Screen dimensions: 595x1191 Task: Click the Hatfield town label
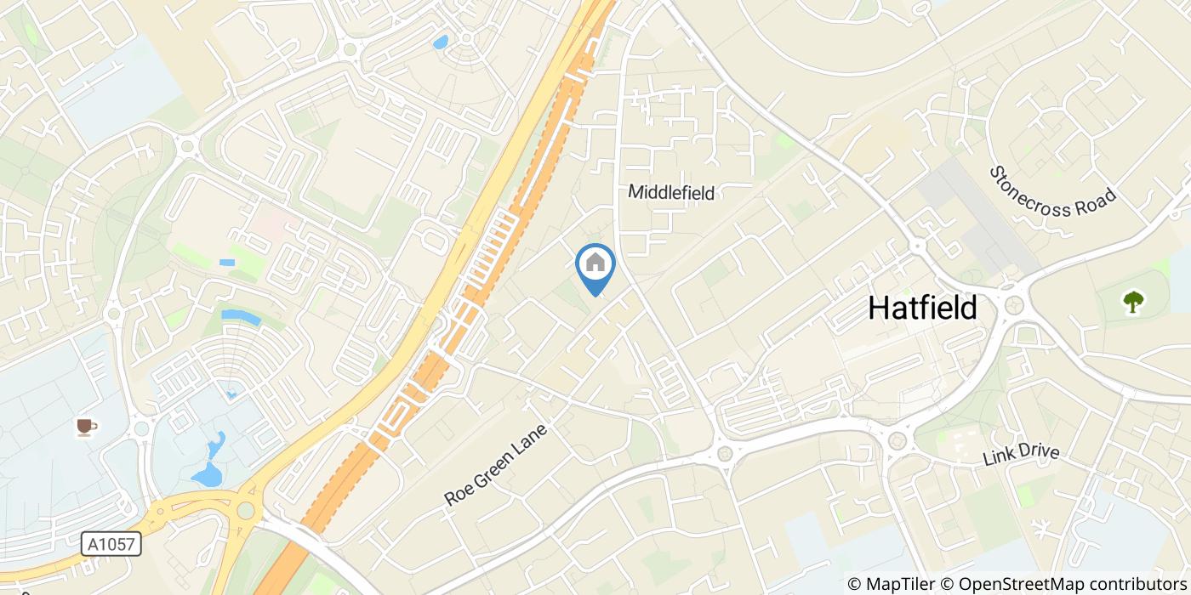pyautogui.click(x=922, y=308)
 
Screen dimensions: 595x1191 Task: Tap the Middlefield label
pyautogui.click(x=670, y=193)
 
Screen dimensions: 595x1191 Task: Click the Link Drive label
pyautogui.click(x=1021, y=455)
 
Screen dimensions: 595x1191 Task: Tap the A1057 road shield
pyautogui.click(x=111, y=544)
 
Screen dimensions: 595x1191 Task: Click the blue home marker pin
pyautogui.click(x=595, y=265)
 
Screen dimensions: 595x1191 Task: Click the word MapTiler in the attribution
pyautogui.click(x=903, y=584)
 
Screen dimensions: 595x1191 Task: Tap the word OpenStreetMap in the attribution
pyautogui.click(x=1004, y=584)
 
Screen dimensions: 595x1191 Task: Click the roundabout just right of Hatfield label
pyautogui.click(x=1013, y=305)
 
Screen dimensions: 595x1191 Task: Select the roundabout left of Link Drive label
pyautogui.click(x=898, y=440)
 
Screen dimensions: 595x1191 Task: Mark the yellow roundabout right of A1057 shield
pyautogui.click(x=246, y=510)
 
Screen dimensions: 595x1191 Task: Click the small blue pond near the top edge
pyautogui.click(x=440, y=42)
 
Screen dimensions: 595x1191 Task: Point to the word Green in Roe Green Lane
pyautogui.click(x=497, y=465)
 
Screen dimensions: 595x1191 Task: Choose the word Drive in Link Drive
pyautogui.click(x=1040, y=452)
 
